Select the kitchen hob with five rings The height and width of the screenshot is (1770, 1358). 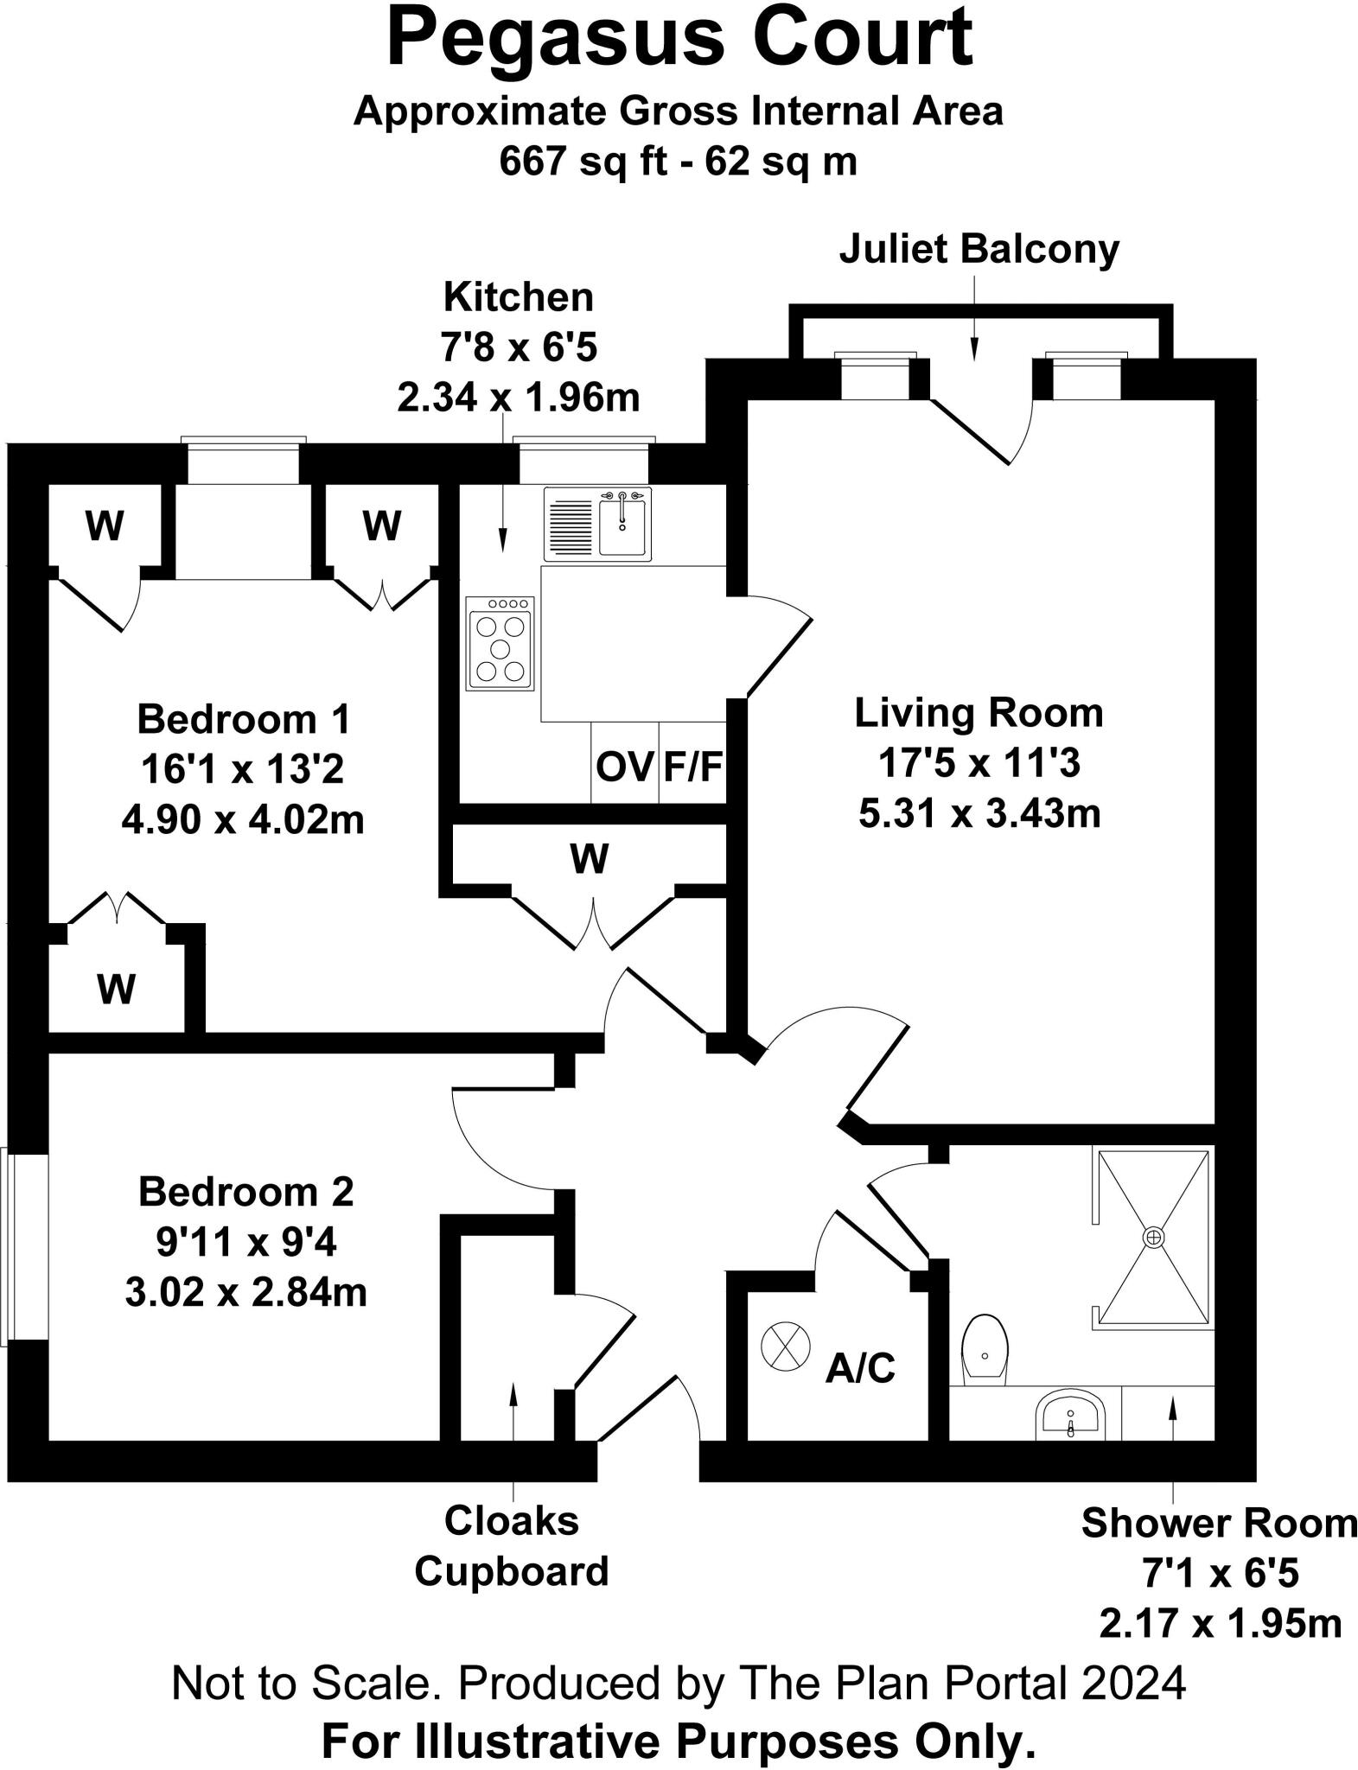500,644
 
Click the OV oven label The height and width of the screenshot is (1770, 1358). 624,767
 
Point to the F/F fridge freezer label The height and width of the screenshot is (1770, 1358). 692,767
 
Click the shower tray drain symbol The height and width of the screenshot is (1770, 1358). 1153,1238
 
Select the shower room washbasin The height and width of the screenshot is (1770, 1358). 1070,1414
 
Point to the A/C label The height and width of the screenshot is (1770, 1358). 860,1368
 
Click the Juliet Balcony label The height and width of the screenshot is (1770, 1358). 979,249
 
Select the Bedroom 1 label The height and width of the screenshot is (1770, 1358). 244,719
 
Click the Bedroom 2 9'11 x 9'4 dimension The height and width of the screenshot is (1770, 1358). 246,1243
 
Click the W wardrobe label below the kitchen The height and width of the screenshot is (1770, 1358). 590,858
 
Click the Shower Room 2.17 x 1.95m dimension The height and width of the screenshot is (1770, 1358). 1220,1623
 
